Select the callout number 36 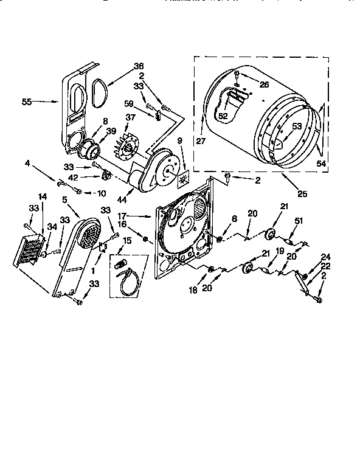[139, 67]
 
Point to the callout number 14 [42, 196]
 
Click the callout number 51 [298, 221]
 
